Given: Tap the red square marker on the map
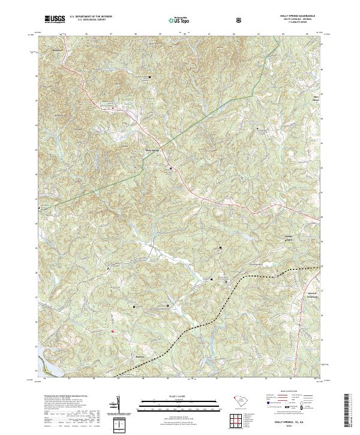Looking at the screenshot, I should (x=111, y=331).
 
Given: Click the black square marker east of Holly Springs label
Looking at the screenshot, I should (x=170, y=168).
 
